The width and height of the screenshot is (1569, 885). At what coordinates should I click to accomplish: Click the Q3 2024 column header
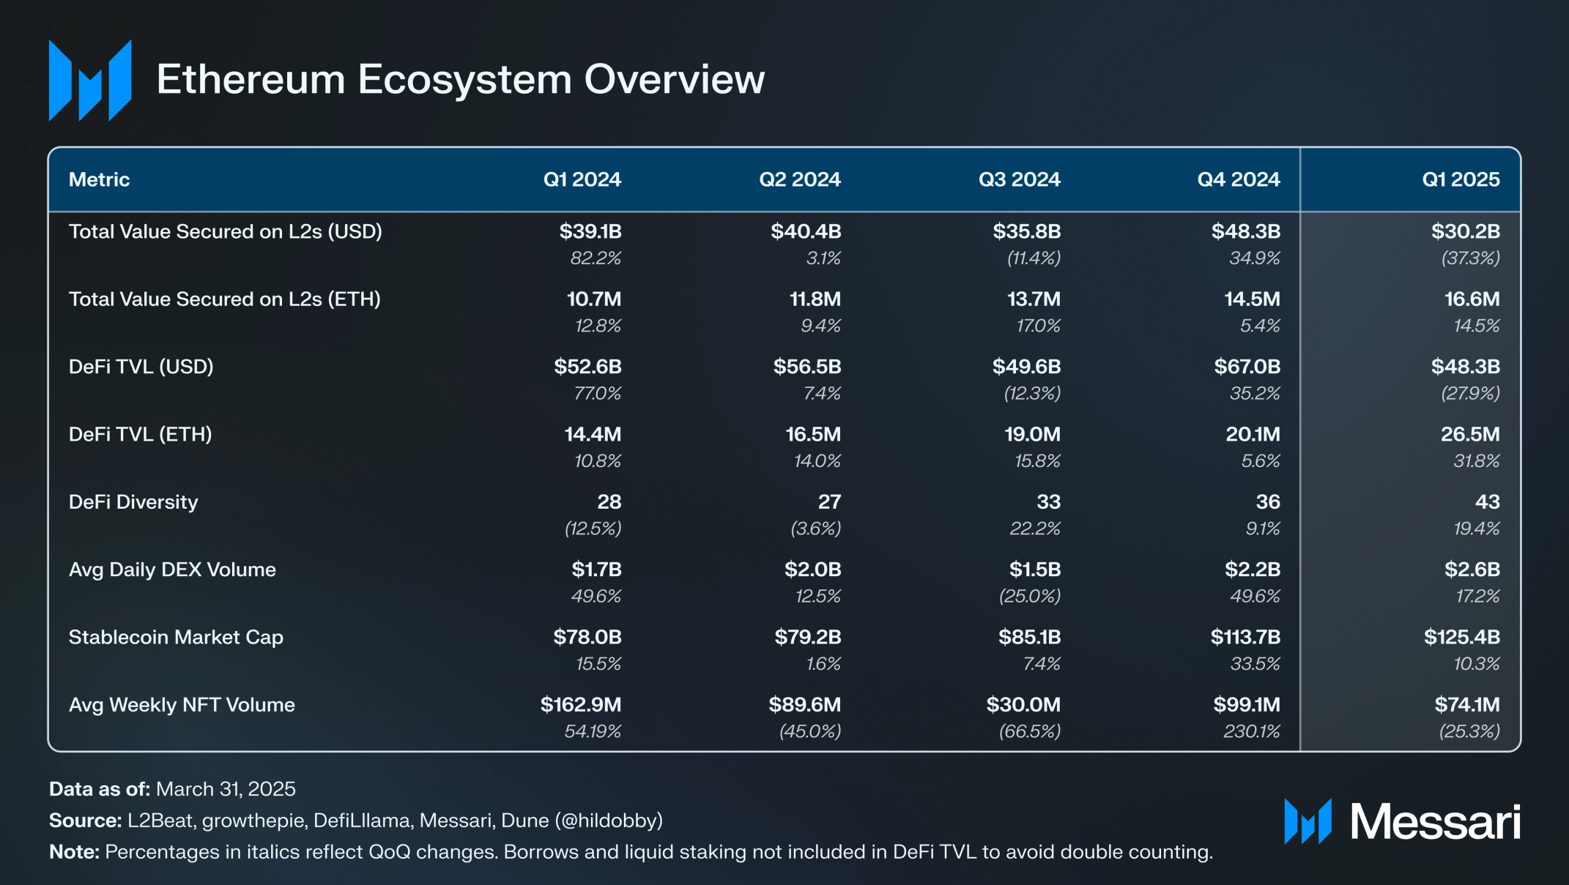coord(1019,179)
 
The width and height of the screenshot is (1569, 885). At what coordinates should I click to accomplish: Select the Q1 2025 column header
coord(1461,179)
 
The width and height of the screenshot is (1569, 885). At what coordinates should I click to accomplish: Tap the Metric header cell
coord(99,179)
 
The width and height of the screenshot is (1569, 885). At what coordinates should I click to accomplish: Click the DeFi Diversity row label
coord(133,502)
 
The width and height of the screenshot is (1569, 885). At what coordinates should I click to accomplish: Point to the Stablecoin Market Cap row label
coord(176,637)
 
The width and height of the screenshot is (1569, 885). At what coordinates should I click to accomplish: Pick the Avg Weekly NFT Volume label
coord(182,705)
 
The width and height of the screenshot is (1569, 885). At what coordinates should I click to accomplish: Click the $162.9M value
coord(580,705)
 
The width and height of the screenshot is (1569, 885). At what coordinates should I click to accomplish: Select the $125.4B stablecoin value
coord(1461,637)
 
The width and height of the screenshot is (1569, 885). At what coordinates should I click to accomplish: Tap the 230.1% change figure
coord(1251,731)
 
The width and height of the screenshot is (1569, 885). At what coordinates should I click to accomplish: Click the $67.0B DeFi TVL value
coord(1247,367)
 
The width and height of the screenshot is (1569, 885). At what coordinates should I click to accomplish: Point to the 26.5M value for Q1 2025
coord(1469,434)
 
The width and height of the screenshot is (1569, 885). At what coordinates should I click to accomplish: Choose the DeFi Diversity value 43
coord(1487,502)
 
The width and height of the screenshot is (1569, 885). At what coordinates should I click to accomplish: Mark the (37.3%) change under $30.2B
coord(1470,258)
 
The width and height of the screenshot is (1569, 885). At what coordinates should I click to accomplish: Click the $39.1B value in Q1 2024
coord(590,231)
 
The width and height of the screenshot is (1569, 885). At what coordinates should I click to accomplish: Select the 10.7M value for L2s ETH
coord(593,299)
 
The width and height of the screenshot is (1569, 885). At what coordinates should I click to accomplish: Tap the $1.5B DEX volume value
coord(1034,570)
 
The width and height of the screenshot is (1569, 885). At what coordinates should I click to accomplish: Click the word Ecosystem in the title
coord(464,79)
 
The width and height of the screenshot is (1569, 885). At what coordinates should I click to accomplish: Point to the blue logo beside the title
coord(89,81)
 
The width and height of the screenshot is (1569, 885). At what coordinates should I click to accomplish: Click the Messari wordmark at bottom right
coord(1435,822)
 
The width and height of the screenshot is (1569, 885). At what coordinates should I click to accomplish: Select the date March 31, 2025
coord(226,789)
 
